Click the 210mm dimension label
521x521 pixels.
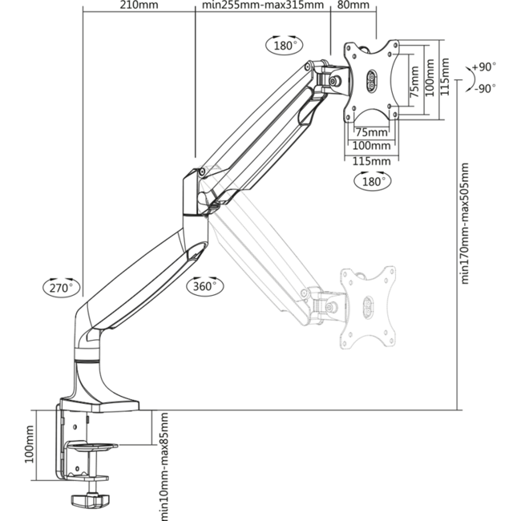point(139,5)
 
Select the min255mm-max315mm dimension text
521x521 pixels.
point(263,5)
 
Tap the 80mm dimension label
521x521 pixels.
point(353,5)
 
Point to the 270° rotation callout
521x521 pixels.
point(62,288)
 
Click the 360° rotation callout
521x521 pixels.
point(204,286)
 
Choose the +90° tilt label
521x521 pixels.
point(484,67)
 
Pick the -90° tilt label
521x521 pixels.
point(485,89)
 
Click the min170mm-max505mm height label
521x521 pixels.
point(465,224)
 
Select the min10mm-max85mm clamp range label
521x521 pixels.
point(164,466)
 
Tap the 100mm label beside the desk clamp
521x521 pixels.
point(29,444)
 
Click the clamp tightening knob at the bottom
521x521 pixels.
point(90,499)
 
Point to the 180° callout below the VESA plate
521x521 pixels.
point(373,181)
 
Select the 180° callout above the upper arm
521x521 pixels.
point(284,45)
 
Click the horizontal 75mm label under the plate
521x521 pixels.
point(371,132)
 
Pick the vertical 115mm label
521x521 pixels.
point(444,77)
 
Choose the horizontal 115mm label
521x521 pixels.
point(371,161)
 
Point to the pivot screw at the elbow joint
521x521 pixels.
point(201,172)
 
